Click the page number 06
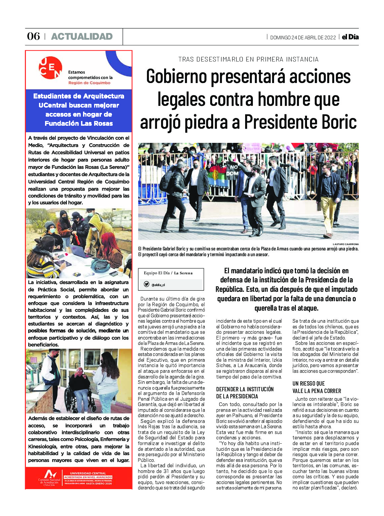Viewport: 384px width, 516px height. click(x=33, y=36)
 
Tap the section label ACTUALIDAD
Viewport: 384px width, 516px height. click(x=82, y=36)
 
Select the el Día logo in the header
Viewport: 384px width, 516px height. click(x=350, y=37)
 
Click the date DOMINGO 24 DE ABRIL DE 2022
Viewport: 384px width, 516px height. click(x=303, y=38)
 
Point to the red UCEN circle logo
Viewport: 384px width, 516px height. click(x=50, y=68)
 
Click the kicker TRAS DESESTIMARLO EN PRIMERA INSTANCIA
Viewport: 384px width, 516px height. click(x=248, y=59)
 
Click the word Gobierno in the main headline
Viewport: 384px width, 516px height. click(x=177, y=76)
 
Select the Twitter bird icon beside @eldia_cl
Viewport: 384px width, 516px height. click(x=147, y=284)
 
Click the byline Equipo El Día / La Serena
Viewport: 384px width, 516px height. click(x=168, y=273)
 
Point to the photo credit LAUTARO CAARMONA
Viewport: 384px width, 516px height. click(x=346, y=244)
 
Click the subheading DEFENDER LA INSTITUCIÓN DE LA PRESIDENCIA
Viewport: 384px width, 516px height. click(x=245, y=393)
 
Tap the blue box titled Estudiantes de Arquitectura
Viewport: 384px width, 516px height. click(x=79, y=110)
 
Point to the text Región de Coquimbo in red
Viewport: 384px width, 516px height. click(x=89, y=83)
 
